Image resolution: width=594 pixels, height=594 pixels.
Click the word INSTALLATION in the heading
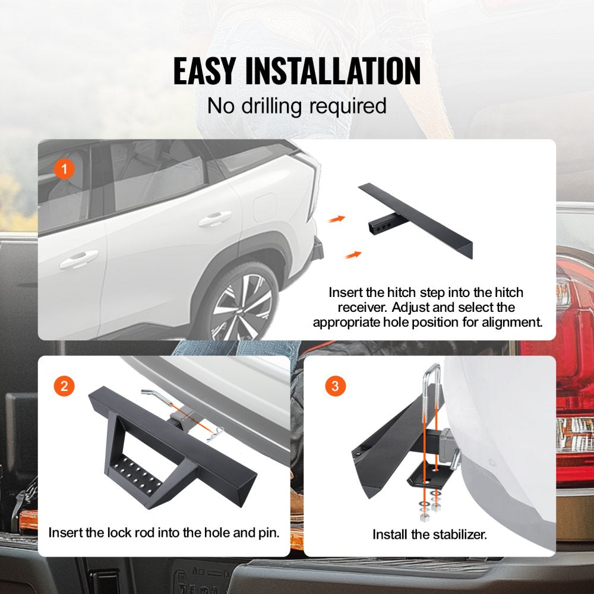[333, 71]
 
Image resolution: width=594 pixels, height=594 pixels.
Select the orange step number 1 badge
[64, 169]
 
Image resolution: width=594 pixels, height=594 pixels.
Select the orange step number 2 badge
[64, 386]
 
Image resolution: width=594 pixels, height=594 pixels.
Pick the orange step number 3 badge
[335, 386]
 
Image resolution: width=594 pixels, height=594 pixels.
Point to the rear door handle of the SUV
[214, 219]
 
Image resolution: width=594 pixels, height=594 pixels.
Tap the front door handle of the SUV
[79, 258]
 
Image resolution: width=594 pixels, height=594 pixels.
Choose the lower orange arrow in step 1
[353, 254]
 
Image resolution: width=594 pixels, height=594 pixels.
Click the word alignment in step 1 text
[510, 323]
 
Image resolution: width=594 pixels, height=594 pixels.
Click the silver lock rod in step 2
[151, 396]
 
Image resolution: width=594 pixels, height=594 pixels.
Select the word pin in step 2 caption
[268, 532]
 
